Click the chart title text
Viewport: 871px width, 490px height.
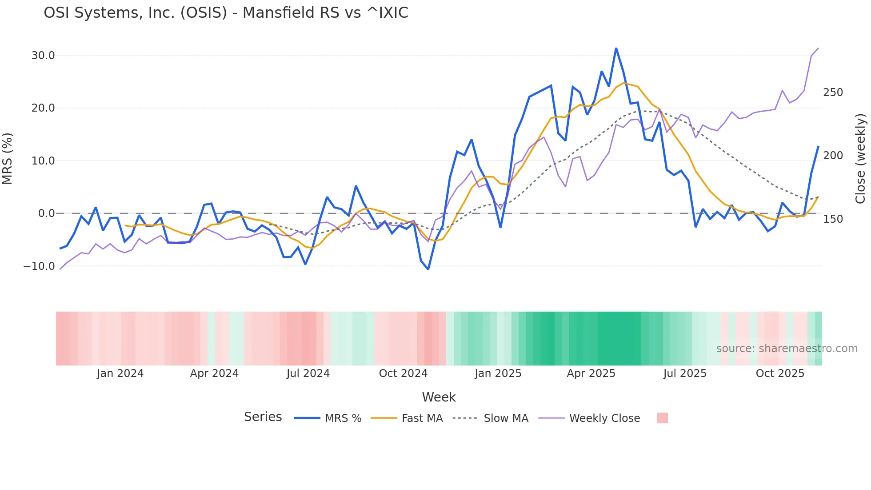[x=226, y=13]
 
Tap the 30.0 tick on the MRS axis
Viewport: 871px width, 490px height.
[x=43, y=56]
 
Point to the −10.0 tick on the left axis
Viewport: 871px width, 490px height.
[x=39, y=266]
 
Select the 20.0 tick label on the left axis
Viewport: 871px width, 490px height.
[x=43, y=108]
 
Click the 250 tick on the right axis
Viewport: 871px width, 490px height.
[x=833, y=92]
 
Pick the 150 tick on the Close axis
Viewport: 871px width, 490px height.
[x=833, y=219]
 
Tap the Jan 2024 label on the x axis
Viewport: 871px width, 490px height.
[x=120, y=374]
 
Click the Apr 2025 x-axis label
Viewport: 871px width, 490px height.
[x=591, y=374]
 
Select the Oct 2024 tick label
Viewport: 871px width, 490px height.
[x=403, y=374]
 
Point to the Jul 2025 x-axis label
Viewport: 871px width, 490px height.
[x=685, y=374]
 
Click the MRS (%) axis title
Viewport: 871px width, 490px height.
[x=8, y=159]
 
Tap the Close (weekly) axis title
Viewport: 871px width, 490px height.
[x=861, y=159]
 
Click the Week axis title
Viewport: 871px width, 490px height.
[x=439, y=397]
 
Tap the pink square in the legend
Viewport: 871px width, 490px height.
[x=662, y=418]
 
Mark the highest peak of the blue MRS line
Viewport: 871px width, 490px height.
[x=616, y=48]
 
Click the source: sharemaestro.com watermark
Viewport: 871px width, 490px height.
[x=787, y=349]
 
